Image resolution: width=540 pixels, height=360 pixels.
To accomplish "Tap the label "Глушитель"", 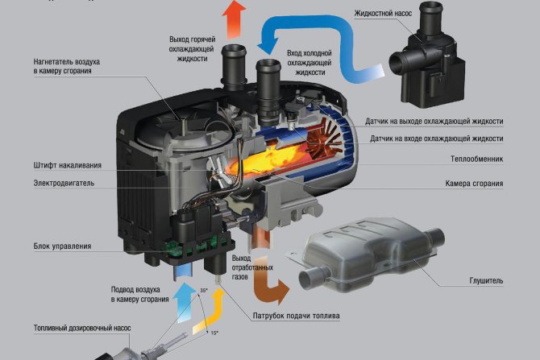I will click(x=485, y=281).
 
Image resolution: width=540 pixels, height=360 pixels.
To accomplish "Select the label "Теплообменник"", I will click(x=477, y=159).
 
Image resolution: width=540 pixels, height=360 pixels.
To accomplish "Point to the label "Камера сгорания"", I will click(x=474, y=184).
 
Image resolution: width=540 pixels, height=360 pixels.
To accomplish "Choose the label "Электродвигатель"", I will click(x=64, y=183).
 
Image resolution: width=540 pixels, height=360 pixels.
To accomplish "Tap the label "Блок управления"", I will click(x=62, y=246).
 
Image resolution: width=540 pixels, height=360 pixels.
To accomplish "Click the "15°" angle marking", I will click(x=214, y=333).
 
